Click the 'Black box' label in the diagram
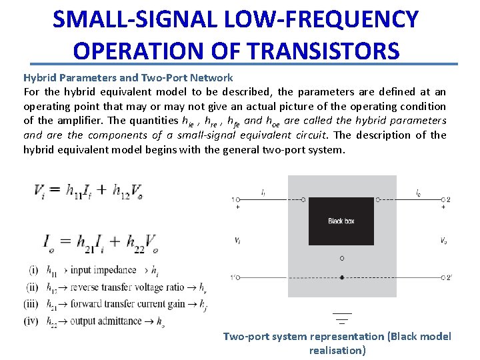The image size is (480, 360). pos(341,221)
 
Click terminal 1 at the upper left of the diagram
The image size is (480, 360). pos(237,199)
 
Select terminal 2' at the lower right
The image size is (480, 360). pos(445,277)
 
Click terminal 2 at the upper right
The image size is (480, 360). pos(444,199)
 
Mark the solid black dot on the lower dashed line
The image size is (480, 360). pos(342,277)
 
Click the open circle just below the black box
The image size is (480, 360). pos(342,257)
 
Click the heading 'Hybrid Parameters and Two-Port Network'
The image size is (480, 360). pos(128,77)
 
